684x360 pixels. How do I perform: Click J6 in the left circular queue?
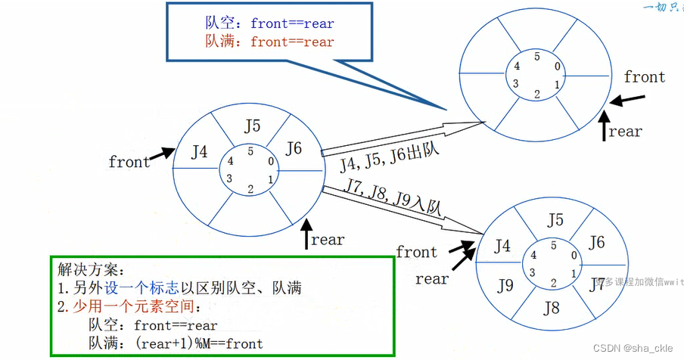pos(294,149)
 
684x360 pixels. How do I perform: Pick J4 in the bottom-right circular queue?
pos(502,246)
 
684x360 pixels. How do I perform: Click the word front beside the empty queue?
pos(644,77)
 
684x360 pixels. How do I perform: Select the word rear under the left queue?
pos(328,240)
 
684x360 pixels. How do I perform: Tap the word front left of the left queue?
pos(129,162)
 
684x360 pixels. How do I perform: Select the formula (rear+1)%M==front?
pos(198,343)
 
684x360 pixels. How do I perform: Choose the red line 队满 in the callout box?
pos(269,42)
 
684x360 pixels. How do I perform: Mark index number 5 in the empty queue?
pos(536,56)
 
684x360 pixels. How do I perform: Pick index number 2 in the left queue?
pos(250,189)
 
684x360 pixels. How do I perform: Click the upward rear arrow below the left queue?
pos(306,234)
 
